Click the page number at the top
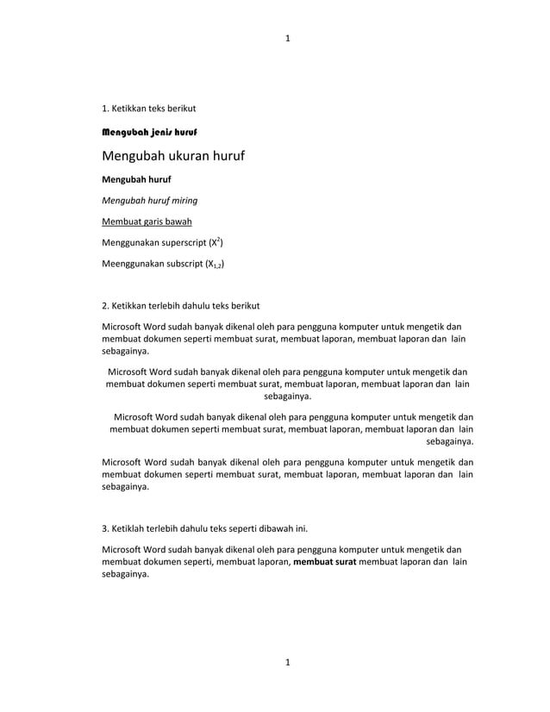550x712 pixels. (x=288, y=38)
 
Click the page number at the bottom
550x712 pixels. (x=288, y=662)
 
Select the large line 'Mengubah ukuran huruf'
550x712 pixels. (x=173, y=157)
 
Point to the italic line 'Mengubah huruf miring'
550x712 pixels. (x=150, y=201)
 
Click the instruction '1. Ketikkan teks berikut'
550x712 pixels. (x=149, y=109)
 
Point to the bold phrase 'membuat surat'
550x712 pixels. (x=325, y=562)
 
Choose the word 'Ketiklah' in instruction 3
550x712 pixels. (x=130, y=528)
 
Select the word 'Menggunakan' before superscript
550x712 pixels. (x=131, y=243)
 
